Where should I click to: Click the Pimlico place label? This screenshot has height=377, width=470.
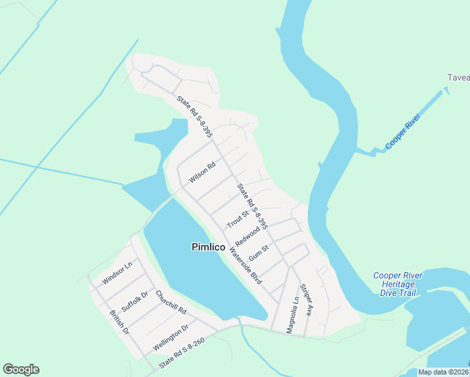(208, 248)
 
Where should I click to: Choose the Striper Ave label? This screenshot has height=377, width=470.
(307, 301)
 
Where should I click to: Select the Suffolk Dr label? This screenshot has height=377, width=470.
(135, 302)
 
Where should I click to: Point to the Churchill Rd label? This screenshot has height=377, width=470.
(171, 302)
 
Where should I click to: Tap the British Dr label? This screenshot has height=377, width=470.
(119, 322)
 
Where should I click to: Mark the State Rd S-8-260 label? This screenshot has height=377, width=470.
(182, 353)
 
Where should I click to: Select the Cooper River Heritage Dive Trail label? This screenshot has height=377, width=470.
(398, 284)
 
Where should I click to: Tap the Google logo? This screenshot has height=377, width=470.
(21, 369)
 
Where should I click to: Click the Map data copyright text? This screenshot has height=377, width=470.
(443, 372)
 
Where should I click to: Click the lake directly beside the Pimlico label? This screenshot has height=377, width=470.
(189, 276)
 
